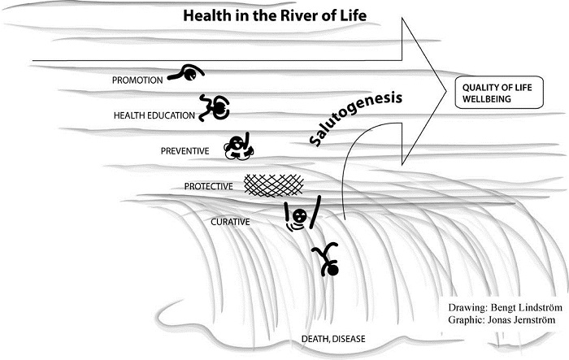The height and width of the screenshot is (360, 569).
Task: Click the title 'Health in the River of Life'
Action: point(274,15)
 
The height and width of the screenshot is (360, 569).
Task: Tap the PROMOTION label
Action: point(139,80)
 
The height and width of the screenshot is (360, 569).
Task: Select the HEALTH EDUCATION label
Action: point(154,115)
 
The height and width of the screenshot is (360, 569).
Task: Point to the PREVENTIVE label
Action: point(185,150)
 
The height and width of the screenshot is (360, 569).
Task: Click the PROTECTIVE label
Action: point(209,186)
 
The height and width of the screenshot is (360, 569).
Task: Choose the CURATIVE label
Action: point(230,220)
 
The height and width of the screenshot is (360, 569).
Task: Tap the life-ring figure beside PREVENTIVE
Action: point(238,145)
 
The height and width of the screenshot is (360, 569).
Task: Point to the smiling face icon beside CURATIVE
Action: point(299,217)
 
